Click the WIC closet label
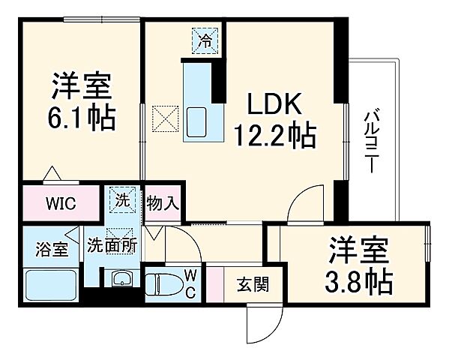pos(59,202)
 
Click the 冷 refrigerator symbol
pos(203,40)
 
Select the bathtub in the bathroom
pos(49,284)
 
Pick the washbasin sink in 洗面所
pos(121,280)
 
